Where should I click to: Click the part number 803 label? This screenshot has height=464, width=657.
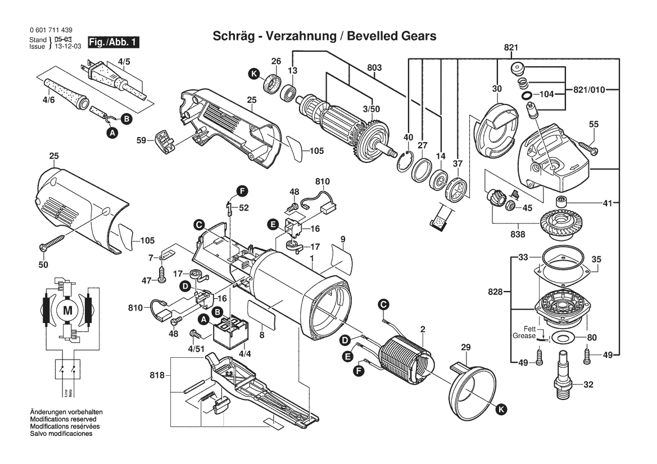tap(375, 68)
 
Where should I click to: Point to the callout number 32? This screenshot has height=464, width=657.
tap(588, 385)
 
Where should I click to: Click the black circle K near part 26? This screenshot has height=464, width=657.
tap(255, 73)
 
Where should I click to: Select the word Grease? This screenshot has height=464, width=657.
tap(524, 335)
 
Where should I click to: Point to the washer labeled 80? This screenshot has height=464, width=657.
tap(561, 338)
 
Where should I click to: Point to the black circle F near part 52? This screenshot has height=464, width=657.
tap(242, 191)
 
